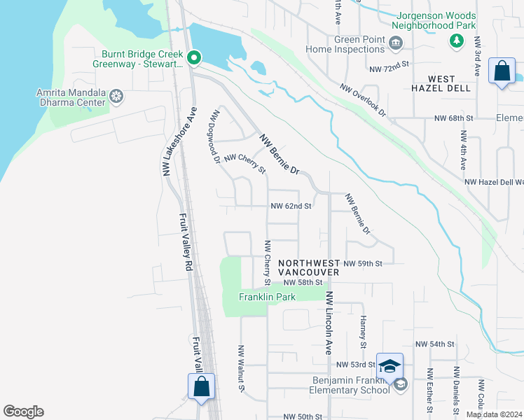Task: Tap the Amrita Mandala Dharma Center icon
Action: [x=116, y=95]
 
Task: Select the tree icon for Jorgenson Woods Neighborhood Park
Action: [x=457, y=41]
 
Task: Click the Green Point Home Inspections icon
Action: [x=396, y=44]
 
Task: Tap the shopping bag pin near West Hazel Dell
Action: [x=502, y=71]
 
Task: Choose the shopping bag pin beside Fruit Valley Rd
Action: [x=201, y=386]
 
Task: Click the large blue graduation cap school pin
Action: [x=389, y=366]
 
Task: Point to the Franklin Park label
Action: [x=267, y=297]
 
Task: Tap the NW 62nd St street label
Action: [x=291, y=206]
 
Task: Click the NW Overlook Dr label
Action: [x=364, y=100]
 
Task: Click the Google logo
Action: [x=23, y=412]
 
